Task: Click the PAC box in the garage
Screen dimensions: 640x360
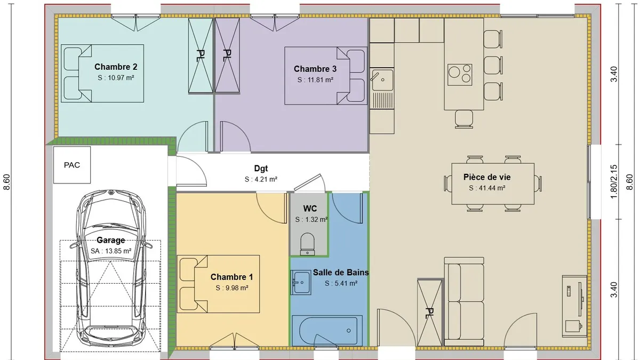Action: [72, 165]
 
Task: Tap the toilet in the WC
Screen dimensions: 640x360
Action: [307, 244]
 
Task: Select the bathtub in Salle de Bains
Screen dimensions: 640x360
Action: [327, 331]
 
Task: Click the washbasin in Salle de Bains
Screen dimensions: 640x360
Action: [301, 283]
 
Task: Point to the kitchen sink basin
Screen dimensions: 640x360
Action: [382, 79]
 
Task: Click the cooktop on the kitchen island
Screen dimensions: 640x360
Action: [460, 75]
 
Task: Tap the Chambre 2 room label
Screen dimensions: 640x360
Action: [116, 67]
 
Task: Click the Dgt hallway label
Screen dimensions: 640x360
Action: [261, 169]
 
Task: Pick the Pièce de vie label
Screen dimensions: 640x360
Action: [487, 177]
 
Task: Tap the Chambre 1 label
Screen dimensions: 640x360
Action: [231, 277]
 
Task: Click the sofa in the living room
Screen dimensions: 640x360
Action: [464, 301]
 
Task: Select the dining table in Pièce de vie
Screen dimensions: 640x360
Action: [493, 183]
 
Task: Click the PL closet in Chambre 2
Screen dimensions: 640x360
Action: [201, 55]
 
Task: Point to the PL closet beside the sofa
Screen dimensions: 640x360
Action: [429, 313]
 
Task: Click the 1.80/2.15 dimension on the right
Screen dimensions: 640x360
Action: [614, 182]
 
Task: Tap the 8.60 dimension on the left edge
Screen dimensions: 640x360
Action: [6, 182]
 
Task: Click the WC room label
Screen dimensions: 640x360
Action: [310, 209]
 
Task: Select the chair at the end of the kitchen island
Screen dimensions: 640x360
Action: [463, 119]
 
